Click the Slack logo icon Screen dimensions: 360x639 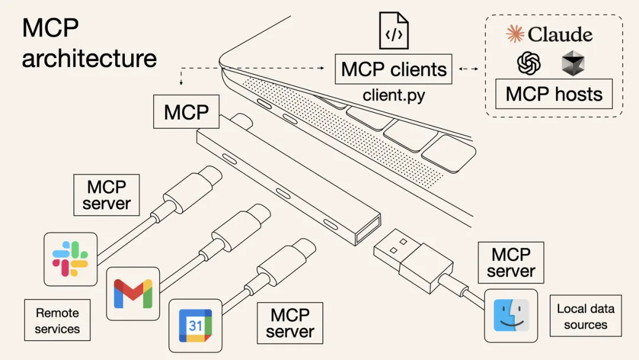tap(70, 259)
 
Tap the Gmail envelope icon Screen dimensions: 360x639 tap(133, 293)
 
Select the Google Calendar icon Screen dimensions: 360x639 tap(195, 325)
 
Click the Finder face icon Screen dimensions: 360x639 tap(511, 316)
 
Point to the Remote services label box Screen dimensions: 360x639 tap(57, 320)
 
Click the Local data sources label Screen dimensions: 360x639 tap(585, 316)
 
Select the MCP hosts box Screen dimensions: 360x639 tap(554, 95)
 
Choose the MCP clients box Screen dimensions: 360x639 tap(393, 69)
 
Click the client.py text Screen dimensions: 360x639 tap(393, 95)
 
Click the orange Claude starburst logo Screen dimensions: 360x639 tap(515, 34)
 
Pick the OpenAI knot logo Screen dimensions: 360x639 tap(529, 63)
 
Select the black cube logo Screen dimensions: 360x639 tap(572, 63)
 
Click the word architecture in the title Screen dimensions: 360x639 tap(89, 58)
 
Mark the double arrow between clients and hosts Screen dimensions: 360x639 tap(469, 69)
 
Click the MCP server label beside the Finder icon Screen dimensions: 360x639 tap(511, 262)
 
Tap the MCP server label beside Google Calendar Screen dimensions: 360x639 tap(290, 323)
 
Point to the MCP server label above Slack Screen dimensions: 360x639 tap(106, 195)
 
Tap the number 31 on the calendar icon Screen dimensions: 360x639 tap(195, 326)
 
